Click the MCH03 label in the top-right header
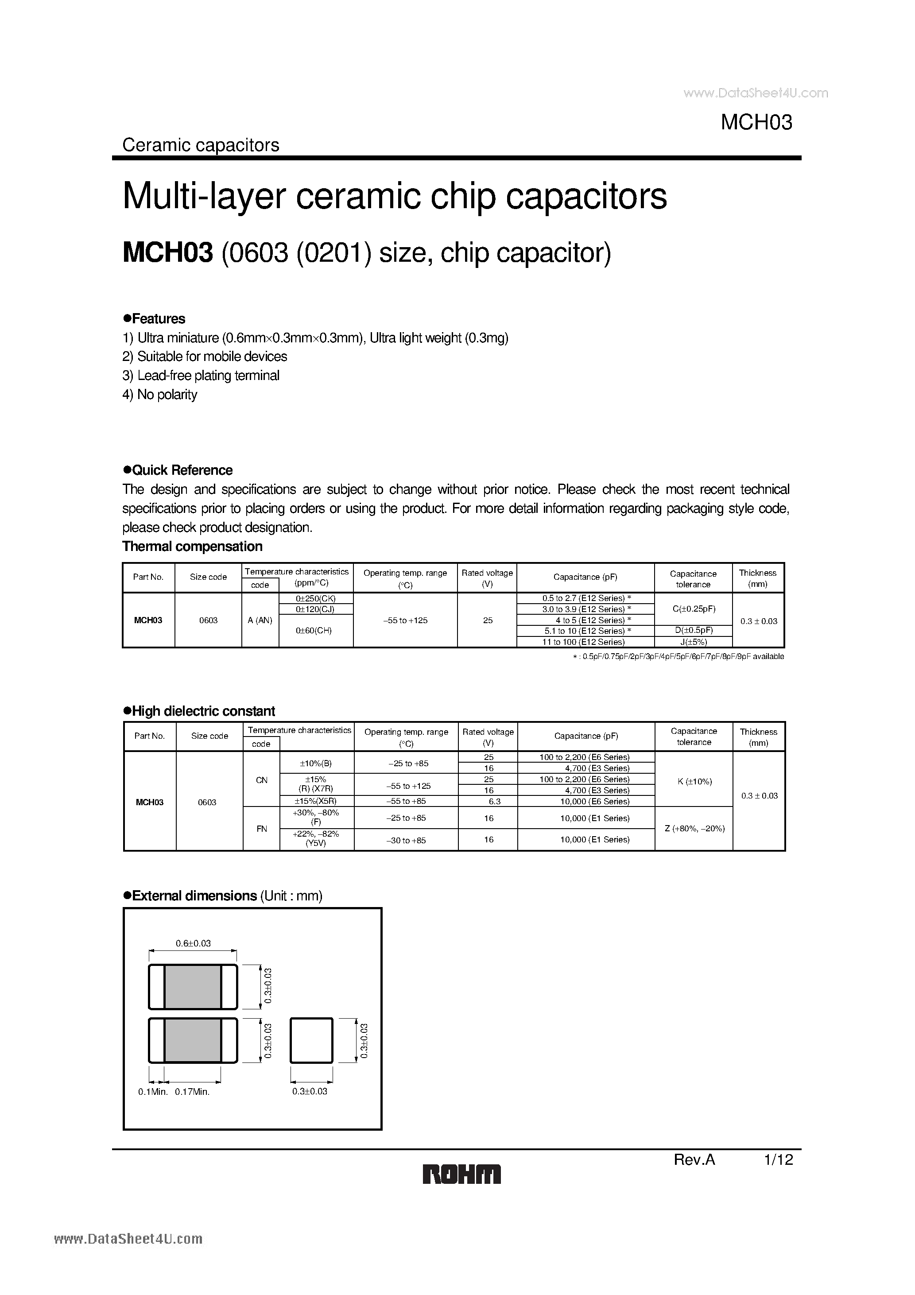pos(756,122)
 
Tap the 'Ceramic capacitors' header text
pos(201,145)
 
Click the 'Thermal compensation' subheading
pos(192,547)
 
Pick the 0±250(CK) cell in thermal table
pos(316,598)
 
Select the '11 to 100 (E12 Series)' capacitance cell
pos(584,642)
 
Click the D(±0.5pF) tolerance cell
pos(693,631)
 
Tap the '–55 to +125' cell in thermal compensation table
pos(405,620)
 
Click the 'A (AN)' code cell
pos(260,620)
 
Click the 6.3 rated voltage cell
pos(488,801)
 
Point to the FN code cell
pos(261,829)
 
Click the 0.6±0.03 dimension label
pos(193,943)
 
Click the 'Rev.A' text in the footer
pos(694,1159)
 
